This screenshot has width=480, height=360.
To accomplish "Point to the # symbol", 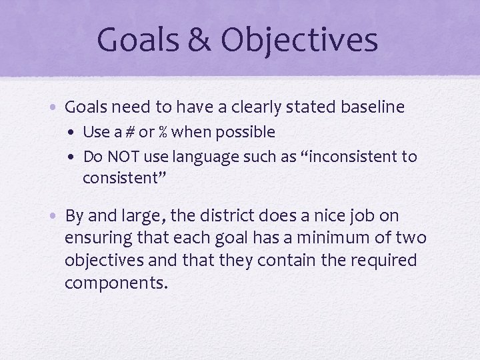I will point(120,132).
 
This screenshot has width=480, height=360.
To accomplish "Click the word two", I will point(411,238).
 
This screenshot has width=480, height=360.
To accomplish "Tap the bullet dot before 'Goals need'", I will point(56,107).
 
